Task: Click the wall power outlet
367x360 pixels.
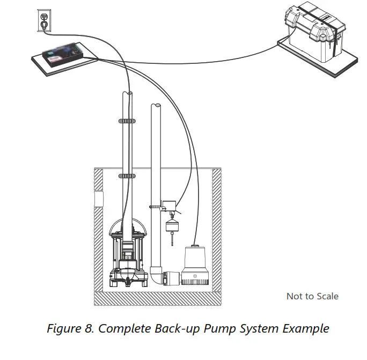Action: point(44,20)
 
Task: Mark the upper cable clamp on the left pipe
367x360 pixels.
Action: point(127,121)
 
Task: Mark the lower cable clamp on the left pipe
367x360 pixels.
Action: point(127,176)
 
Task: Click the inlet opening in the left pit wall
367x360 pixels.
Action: point(98,199)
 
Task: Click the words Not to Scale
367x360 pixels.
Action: point(312,296)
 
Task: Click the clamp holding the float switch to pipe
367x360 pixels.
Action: point(155,205)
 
